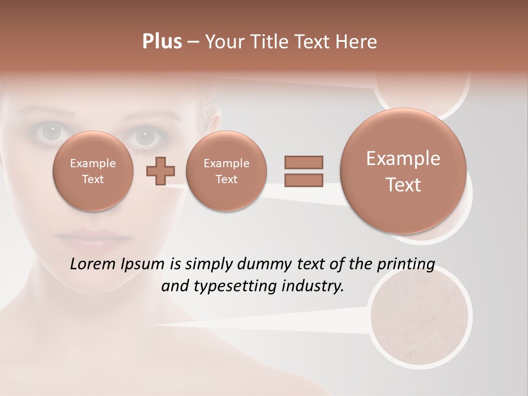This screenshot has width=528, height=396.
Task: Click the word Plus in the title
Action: (x=162, y=42)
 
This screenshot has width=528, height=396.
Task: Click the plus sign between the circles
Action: (x=161, y=171)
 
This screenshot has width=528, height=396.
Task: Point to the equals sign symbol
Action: (x=303, y=171)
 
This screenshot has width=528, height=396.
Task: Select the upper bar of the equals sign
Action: (x=303, y=162)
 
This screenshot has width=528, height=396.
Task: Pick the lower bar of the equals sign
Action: (x=303, y=180)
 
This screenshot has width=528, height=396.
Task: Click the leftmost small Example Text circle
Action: (x=92, y=171)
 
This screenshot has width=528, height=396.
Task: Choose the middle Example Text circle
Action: (x=226, y=171)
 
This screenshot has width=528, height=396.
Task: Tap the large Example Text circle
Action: (x=403, y=171)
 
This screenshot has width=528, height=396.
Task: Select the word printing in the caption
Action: (x=406, y=264)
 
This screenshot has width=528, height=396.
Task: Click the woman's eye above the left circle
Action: (x=51, y=132)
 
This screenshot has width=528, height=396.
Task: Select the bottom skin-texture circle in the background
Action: (x=420, y=317)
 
